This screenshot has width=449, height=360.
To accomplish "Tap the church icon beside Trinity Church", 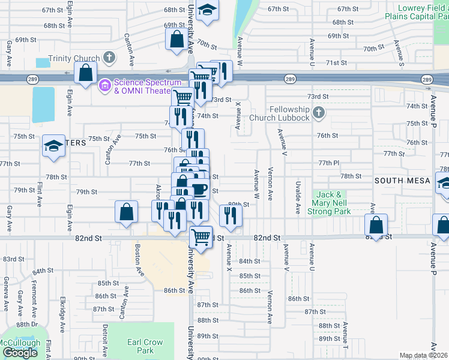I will click(109, 58).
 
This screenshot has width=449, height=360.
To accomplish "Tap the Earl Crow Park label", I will click(145, 346).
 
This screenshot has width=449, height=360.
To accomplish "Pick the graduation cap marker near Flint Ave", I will click(53, 146).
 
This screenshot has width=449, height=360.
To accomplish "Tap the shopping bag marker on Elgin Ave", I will click(86, 73).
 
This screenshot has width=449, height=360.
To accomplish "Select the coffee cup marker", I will click(199, 190).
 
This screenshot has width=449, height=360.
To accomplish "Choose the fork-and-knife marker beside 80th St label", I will click(231, 215).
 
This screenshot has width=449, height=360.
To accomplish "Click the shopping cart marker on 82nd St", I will click(201, 236).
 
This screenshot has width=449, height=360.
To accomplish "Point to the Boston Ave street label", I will click(140, 261).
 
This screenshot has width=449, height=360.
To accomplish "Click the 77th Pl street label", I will click(329, 163).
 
